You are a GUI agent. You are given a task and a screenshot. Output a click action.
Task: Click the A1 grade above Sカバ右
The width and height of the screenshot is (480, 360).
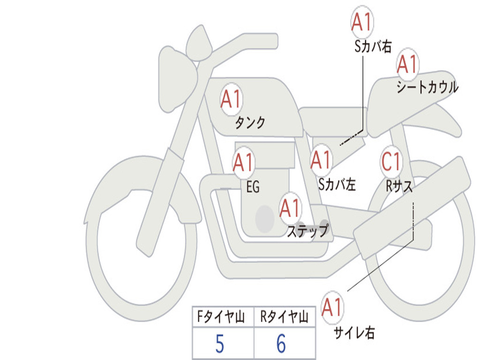[362, 22]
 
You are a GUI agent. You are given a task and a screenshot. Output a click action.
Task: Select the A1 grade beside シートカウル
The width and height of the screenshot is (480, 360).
[407, 64]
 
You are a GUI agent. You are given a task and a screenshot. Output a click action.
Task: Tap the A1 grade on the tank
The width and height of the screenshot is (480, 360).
[232, 99]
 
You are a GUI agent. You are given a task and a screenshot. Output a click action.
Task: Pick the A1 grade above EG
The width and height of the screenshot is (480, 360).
[243, 162]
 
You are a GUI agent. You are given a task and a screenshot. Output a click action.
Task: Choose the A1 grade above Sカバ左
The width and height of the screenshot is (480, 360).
[321, 160]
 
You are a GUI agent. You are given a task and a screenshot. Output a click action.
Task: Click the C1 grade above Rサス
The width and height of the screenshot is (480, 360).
[391, 161]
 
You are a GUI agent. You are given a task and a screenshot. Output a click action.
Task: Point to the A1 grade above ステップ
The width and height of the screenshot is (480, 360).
[290, 208]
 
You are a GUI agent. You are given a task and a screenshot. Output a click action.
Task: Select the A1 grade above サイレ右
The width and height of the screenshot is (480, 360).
[332, 307]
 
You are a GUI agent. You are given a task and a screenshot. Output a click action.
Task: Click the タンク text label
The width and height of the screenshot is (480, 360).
[250, 122]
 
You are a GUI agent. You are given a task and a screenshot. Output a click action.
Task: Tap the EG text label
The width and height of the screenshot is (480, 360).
[253, 187]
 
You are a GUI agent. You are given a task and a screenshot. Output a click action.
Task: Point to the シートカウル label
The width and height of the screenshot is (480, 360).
[427, 87]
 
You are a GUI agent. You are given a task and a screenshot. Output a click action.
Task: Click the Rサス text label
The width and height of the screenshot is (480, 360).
[399, 186]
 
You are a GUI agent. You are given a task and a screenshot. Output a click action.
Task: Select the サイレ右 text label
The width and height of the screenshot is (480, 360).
[354, 332]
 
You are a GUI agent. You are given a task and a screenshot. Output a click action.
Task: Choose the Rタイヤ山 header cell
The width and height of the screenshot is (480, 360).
[285, 316]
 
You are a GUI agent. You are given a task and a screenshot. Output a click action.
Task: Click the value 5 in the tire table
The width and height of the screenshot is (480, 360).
[220, 344]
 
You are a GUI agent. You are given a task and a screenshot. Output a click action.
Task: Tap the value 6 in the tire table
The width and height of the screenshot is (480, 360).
[281, 344]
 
